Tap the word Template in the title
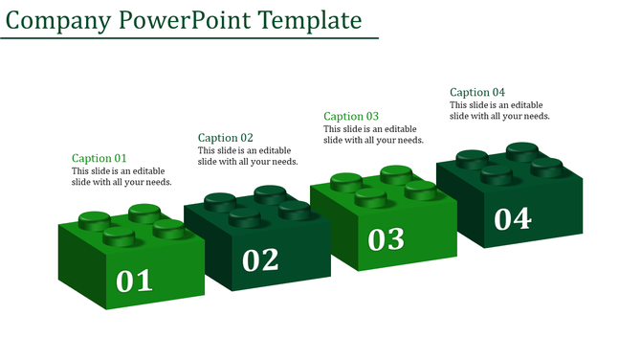[308, 19]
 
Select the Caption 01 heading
[99, 158]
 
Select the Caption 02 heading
[225, 137]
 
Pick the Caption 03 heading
[351, 116]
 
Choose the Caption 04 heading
[477, 92]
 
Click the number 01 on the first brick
[134, 281]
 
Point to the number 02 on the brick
[260, 259]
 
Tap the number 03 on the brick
[387, 238]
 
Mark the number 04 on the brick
[513, 219]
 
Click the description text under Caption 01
[122, 177]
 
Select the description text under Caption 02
[248, 155]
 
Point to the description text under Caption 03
[373, 134]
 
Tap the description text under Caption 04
[499, 110]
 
